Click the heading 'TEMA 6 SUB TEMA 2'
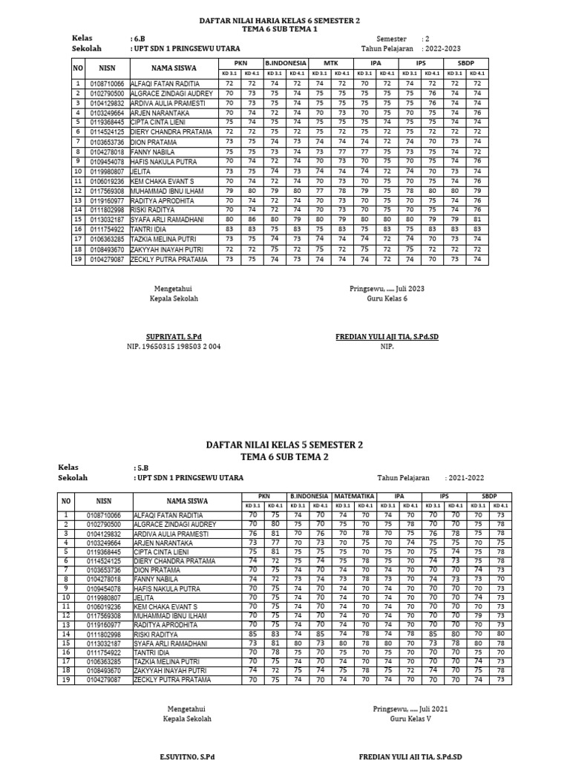tap(284, 457)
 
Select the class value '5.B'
tap(141, 468)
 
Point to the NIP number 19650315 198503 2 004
tap(174, 346)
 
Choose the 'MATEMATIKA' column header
tap(354, 495)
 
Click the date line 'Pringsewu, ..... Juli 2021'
tap(410, 709)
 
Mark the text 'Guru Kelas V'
tap(410, 719)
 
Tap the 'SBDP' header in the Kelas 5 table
tap(490, 495)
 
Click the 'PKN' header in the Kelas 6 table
tap(240, 64)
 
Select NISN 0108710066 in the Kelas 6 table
tap(108, 83)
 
